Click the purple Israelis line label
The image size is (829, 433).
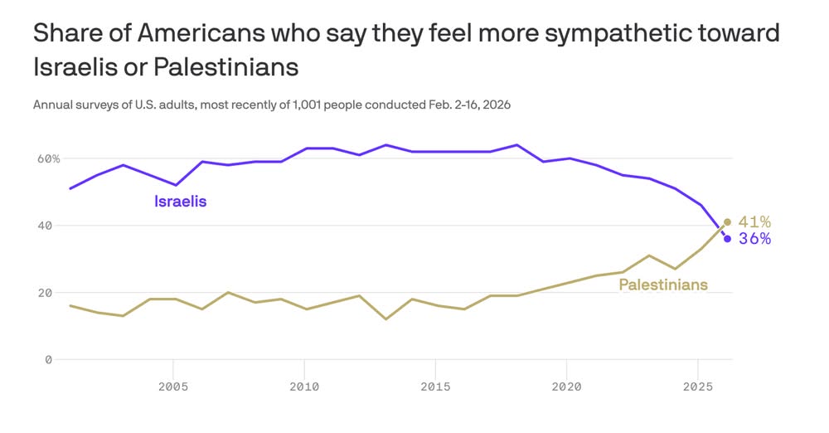point(180,201)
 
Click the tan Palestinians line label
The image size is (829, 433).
point(663,285)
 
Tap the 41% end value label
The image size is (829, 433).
point(754,221)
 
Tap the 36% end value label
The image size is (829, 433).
point(754,239)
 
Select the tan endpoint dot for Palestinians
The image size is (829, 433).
point(727,222)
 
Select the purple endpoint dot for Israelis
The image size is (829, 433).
point(727,239)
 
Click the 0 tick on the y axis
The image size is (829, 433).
point(48,360)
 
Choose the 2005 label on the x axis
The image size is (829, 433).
point(172,387)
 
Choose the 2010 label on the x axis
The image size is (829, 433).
point(304,387)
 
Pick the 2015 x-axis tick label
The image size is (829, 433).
point(435,387)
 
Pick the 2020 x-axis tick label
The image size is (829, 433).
point(566,387)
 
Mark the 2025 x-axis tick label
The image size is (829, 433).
point(697,387)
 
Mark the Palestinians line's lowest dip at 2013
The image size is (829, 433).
point(386,319)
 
